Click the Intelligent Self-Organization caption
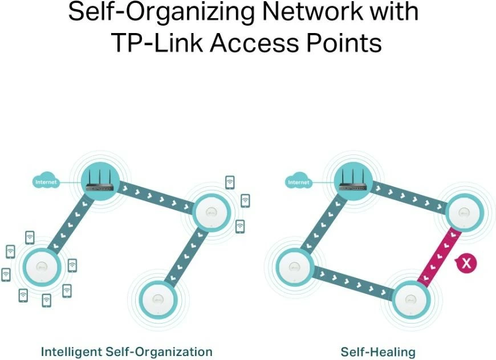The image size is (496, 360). click(127, 351)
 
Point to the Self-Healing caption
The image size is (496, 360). click(378, 351)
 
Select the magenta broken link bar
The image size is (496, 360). click(440, 256)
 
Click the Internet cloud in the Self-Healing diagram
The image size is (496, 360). click(298, 182)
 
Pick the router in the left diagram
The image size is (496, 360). click(100, 181)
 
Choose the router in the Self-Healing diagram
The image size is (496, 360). click(352, 181)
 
